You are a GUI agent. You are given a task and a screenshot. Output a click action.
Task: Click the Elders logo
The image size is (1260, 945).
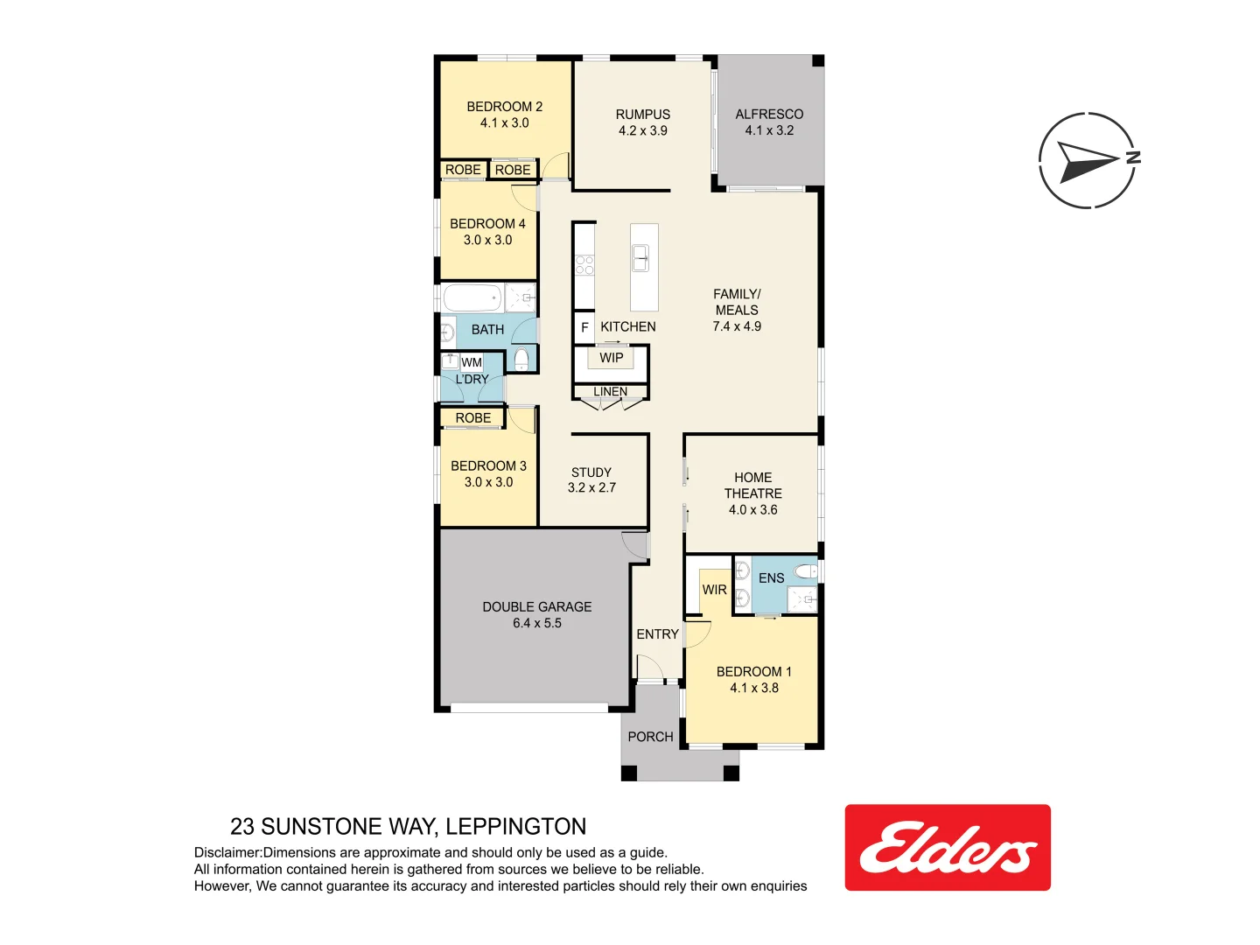pyautogui.click(x=948, y=848)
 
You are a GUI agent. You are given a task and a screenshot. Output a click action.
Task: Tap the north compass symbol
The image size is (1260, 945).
pyautogui.click(x=1088, y=160)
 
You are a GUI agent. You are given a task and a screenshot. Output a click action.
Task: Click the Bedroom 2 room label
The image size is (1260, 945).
pyautogui.click(x=504, y=107)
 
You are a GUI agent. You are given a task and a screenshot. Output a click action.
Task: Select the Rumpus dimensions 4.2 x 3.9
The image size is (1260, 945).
pyautogui.click(x=642, y=131)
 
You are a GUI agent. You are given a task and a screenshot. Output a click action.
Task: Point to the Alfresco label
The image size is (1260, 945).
pyautogui.click(x=768, y=115)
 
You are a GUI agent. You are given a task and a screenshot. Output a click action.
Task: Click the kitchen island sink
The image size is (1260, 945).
pyautogui.click(x=641, y=258)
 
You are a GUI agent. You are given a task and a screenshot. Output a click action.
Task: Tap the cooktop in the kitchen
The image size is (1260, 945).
pyautogui.click(x=584, y=265)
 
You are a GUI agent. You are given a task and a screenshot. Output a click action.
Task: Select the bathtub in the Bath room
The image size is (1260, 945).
pyautogui.click(x=472, y=297)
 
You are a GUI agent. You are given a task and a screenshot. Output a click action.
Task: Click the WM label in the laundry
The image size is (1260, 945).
pyautogui.click(x=472, y=362)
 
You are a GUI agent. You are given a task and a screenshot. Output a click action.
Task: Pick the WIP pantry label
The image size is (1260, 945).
pyautogui.click(x=611, y=358)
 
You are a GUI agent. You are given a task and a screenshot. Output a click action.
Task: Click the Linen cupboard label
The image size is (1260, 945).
pyautogui.click(x=610, y=392)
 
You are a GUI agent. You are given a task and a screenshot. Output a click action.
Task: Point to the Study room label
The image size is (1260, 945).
pyautogui.click(x=591, y=472)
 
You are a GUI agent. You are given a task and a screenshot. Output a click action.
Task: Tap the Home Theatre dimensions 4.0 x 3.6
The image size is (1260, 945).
pyautogui.click(x=752, y=510)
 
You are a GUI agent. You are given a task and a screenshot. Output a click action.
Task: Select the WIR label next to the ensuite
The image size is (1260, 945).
pyautogui.click(x=714, y=590)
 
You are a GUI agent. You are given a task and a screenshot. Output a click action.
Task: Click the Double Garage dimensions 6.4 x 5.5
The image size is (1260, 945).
pyautogui.click(x=537, y=624)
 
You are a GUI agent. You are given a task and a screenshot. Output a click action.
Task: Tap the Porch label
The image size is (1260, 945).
pyautogui.click(x=650, y=737)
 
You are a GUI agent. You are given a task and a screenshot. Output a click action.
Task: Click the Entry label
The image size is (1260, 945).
pyautogui.click(x=657, y=634)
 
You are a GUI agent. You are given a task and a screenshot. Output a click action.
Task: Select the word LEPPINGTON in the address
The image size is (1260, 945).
pyautogui.click(x=515, y=827)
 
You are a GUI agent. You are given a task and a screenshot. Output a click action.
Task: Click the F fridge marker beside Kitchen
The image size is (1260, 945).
pyautogui.click(x=584, y=327)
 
